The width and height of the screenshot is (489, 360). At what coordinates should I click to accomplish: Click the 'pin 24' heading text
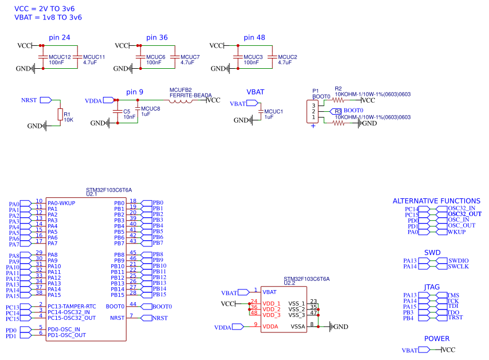(x=60, y=37)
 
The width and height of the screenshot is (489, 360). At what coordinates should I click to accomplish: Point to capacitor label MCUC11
(x=94, y=57)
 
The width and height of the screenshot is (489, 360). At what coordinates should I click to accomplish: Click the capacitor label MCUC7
(x=190, y=57)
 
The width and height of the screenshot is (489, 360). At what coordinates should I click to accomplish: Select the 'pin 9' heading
(x=135, y=92)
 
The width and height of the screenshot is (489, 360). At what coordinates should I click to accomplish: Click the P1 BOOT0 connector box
(x=314, y=111)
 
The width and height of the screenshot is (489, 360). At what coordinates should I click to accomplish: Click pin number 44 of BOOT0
(x=133, y=304)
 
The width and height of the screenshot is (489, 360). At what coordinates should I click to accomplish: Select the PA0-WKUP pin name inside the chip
(x=61, y=203)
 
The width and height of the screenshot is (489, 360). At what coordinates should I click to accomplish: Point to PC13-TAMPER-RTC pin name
(x=72, y=307)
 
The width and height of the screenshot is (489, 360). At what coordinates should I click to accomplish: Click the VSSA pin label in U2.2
(x=298, y=326)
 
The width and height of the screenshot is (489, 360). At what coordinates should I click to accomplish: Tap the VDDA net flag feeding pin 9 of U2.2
(x=223, y=327)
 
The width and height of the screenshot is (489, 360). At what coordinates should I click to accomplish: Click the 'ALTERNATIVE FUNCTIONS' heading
(x=436, y=201)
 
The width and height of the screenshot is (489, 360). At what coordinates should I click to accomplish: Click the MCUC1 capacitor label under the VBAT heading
(x=273, y=111)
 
